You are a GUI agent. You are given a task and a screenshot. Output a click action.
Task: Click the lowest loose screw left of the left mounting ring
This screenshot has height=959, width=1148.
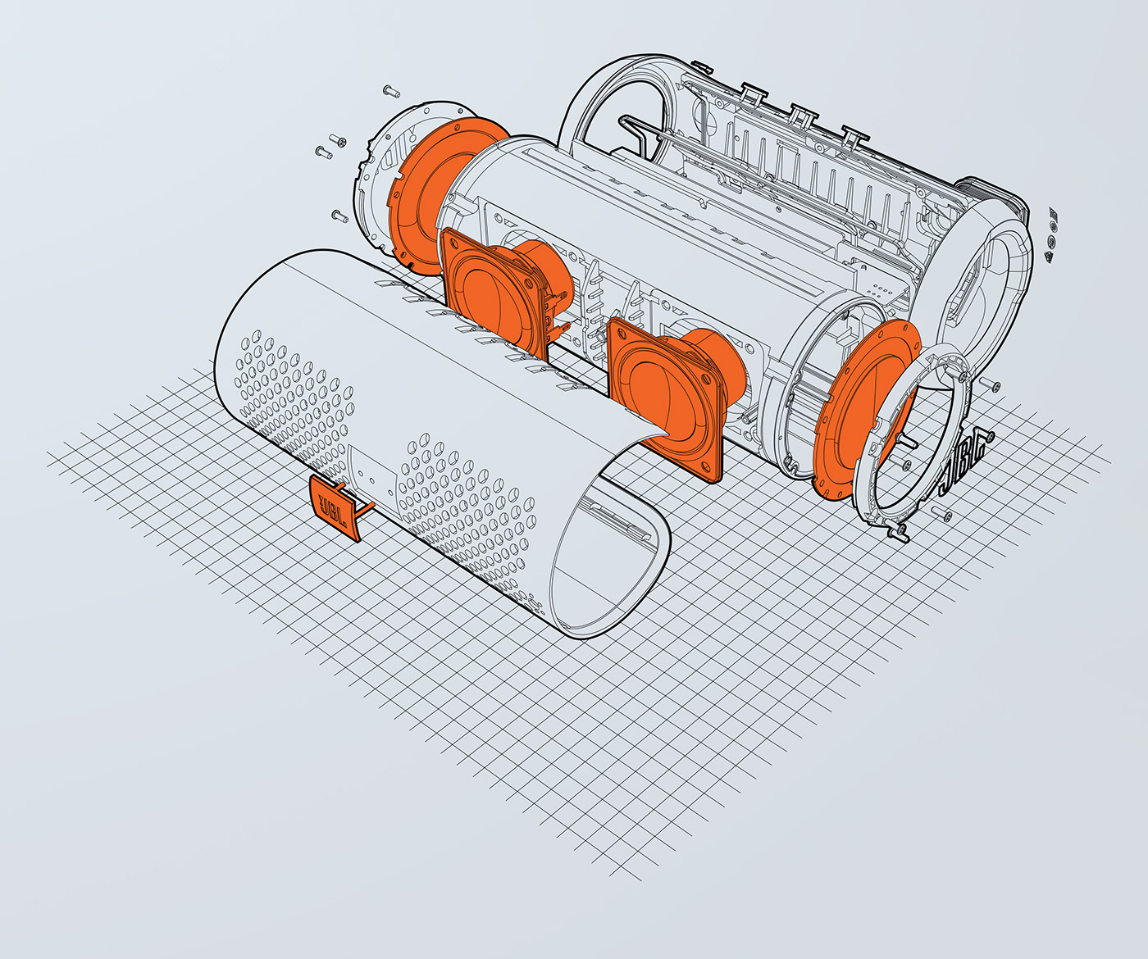pyautogui.click(x=338, y=216)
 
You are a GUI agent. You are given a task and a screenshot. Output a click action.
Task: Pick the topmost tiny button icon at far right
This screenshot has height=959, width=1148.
pyautogui.click(x=1055, y=215)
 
